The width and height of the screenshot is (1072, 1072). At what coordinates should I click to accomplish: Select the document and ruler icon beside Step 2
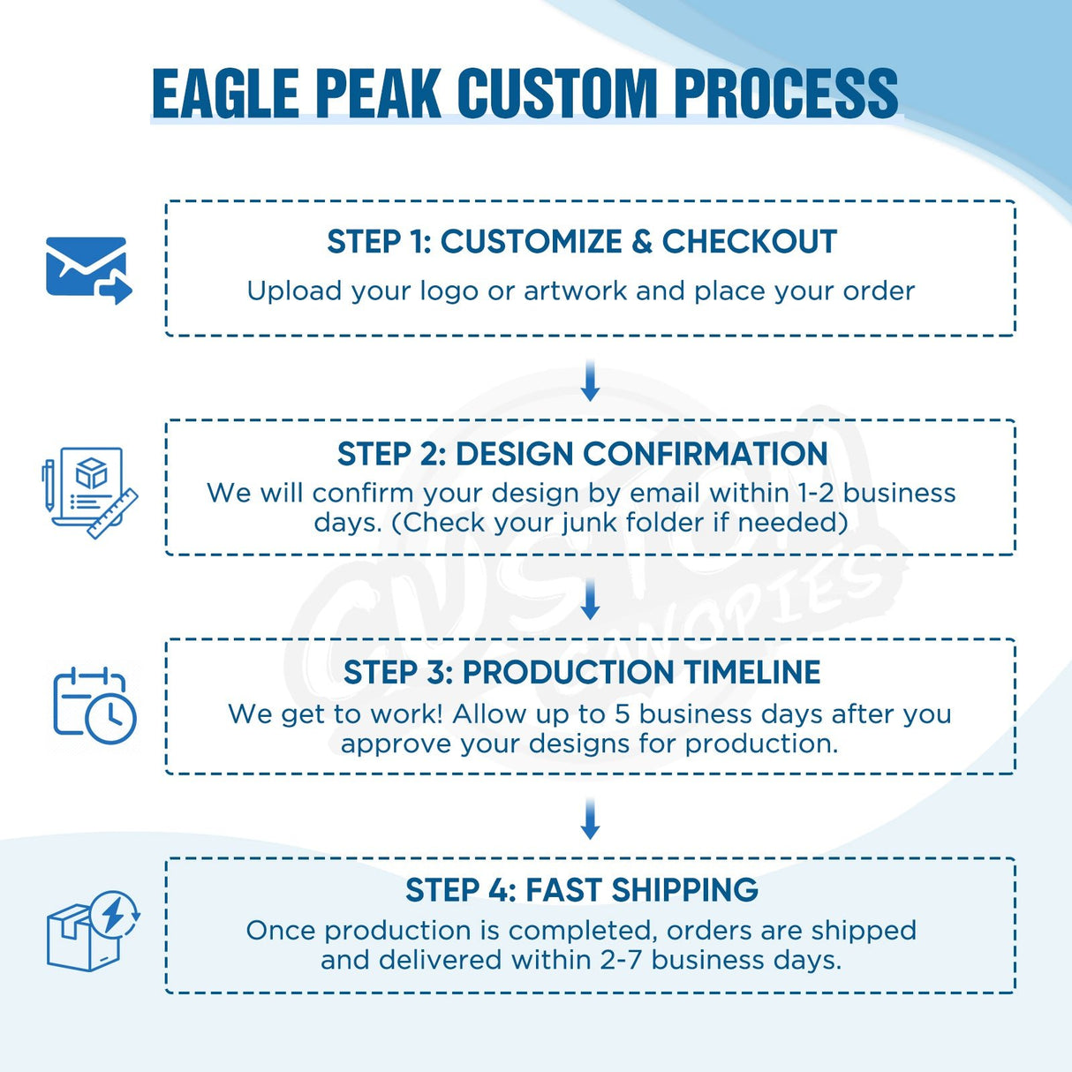(90, 492)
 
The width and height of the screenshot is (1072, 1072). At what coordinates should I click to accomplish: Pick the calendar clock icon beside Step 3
(94, 706)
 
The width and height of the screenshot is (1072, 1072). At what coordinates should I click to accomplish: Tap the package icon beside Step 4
(92, 931)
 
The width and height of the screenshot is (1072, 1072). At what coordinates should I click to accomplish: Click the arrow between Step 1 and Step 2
(591, 381)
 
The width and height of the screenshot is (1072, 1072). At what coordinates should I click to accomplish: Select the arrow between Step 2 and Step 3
(591, 600)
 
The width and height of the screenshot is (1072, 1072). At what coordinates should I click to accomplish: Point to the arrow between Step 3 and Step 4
(591, 819)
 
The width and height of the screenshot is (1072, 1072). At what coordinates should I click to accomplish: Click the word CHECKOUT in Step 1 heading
(749, 242)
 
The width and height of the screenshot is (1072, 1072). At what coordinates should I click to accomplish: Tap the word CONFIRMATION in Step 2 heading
(705, 454)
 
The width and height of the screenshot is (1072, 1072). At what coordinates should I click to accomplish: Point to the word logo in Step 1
(449, 291)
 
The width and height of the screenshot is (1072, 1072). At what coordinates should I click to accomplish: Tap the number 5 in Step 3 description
(622, 713)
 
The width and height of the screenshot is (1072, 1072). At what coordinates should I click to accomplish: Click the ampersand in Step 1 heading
(642, 242)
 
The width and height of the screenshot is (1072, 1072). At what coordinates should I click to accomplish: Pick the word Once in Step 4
(281, 931)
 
